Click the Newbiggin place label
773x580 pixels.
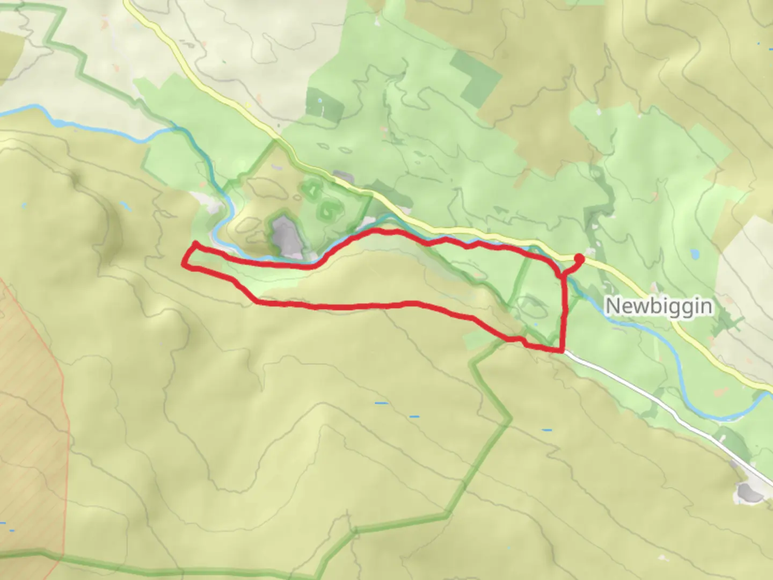(659, 306)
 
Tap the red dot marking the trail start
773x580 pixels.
(579, 259)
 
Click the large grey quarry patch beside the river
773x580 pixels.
(286, 236)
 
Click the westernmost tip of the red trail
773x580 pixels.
(185, 264)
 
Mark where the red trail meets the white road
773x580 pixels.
(562, 351)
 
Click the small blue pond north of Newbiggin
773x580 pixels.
(696, 252)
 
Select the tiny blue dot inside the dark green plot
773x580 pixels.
(320, 101)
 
